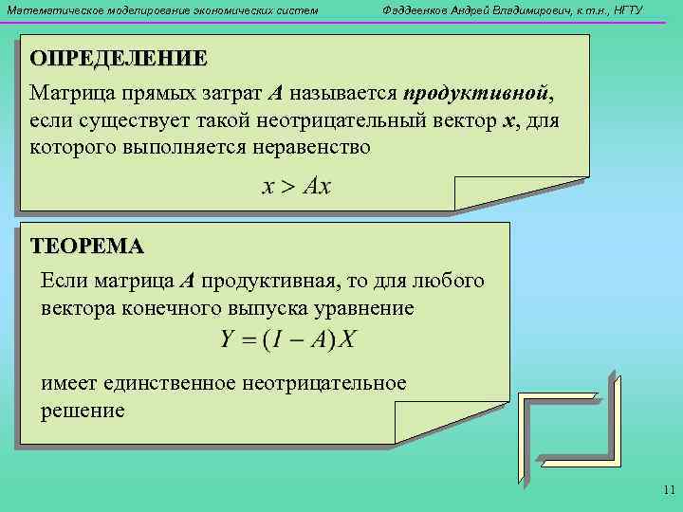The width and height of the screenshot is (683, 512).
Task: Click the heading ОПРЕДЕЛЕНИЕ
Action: [118, 57]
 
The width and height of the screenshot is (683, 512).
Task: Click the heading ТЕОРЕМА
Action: [87, 247]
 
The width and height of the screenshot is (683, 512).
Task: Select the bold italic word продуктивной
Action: [476, 95]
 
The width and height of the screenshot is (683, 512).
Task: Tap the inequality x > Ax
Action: [296, 187]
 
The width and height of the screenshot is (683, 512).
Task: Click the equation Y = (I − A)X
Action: [287, 339]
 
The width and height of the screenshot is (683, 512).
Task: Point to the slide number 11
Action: [668, 490]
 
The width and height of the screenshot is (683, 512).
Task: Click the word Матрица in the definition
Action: [68, 95]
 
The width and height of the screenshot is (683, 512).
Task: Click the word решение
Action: [83, 411]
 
